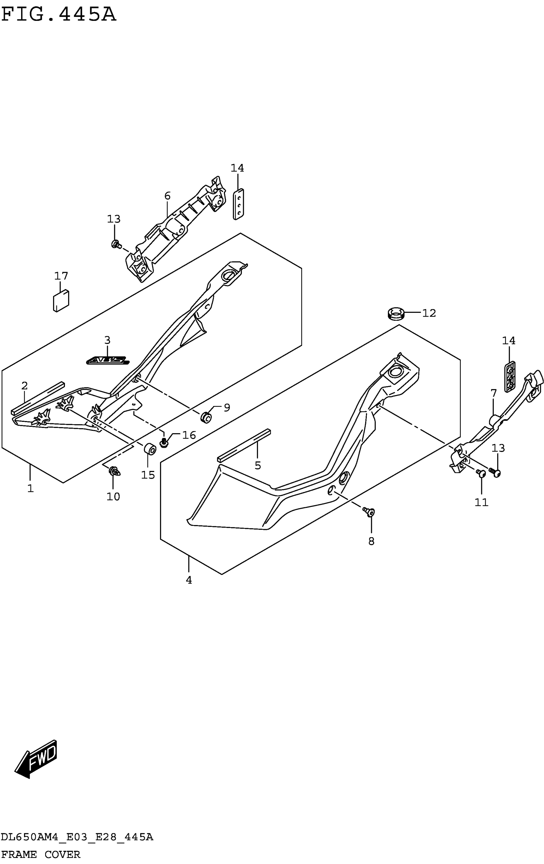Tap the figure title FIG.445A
click(x=59, y=15)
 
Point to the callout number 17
click(x=61, y=276)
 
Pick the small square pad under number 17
click(x=61, y=301)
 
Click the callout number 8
click(x=371, y=541)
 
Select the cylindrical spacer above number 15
click(x=150, y=449)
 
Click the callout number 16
click(x=189, y=435)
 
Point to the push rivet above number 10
click(x=114, y=470)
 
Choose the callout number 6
click(x=167, y=196)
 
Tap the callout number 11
click(x=482, y=502)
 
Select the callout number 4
click(x=189, y=580)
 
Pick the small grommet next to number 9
click(x=206, y=418)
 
